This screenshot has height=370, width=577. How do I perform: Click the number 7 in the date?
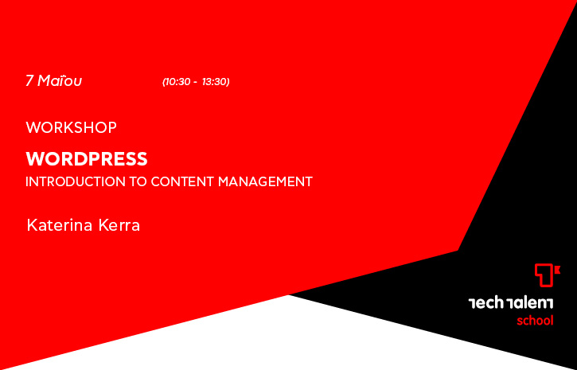click(x=29, y=80)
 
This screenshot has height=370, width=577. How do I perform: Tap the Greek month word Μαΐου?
click(x=60, y=80)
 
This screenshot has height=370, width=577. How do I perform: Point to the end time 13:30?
click(x=215, y=82)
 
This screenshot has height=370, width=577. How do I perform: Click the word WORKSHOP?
click(x=72, y=127)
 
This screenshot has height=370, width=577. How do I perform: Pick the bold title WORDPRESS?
click(x=87, y=159)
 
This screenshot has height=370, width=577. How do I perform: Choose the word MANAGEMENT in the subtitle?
click(x=265, y=181)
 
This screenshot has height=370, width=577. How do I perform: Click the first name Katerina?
click(x=60, y=225)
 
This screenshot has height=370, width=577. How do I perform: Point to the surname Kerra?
click(x=119, y=225)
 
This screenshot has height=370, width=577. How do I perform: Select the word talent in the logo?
click(x=530, y=303)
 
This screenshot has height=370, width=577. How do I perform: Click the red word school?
click(x=535, y=321)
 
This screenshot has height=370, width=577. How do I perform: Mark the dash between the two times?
click(x=195, y=83)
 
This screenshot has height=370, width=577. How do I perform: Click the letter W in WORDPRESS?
click(x=33, y=159)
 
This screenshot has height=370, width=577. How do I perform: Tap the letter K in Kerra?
click(x=103, y=225)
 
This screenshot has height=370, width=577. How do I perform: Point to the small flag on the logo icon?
click(x=557, y=271)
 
